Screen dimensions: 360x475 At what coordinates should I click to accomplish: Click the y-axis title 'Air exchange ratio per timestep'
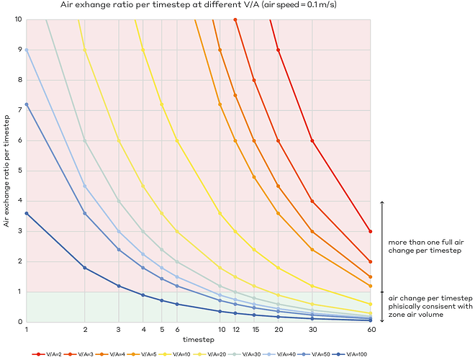[x=7, y=170]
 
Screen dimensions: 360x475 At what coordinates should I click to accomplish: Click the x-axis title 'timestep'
[x=198, y=338]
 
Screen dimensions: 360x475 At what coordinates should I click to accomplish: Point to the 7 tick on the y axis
[x=19, y=110]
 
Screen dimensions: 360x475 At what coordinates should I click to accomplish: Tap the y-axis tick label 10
[x=17, y=19]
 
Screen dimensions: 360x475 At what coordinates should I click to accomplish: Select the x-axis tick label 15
[x=255, y=329]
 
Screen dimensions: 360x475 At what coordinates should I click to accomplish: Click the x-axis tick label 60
[x=370, y=329]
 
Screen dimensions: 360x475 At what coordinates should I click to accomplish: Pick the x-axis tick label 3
[x=119, y=329]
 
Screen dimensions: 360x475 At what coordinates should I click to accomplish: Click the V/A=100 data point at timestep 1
[x=27, y=213]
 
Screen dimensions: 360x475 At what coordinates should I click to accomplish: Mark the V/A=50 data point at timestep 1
[x=27, y=104]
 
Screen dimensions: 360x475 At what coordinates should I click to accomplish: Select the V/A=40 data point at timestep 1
[x=27, y=50]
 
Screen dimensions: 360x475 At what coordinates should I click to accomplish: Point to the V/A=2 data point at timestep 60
[x=370, y=231]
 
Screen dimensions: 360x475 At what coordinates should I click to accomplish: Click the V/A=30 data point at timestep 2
[x=85, y=140]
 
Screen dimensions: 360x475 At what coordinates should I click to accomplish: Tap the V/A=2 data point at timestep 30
[x=312, y=140]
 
